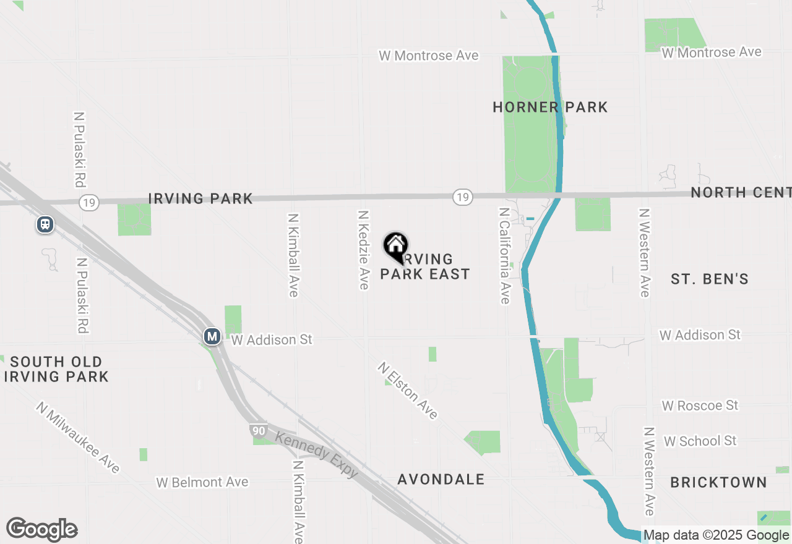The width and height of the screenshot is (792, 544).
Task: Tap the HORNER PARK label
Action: (550, 108)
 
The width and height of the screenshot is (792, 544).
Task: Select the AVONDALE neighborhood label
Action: (441, 480)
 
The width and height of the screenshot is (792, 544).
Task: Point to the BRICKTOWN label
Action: (718, 482)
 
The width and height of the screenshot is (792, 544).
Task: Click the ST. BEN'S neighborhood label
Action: (710, 279)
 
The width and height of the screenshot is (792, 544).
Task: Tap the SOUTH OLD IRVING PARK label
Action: (56, 369)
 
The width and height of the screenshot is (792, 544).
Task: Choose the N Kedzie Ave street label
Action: (364, 249)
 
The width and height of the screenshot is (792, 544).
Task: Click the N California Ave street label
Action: (505, 255)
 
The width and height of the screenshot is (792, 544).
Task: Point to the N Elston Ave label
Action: (408, 391)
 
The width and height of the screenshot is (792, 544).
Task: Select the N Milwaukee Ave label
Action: (78, 438)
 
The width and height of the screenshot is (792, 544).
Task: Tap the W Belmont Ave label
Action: (202, 482)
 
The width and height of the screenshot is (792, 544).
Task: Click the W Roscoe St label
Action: (700, 406)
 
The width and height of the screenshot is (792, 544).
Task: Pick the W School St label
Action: (700, 441)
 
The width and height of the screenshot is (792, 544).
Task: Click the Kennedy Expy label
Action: (316, 455)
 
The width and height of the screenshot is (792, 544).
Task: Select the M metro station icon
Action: (212, 337)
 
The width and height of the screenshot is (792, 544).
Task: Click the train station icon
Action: (45, 224)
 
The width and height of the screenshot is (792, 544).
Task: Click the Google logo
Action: (42, 529)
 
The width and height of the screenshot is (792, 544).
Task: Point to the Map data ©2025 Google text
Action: (717, 535)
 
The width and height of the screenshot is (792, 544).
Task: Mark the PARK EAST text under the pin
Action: (425, 274)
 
